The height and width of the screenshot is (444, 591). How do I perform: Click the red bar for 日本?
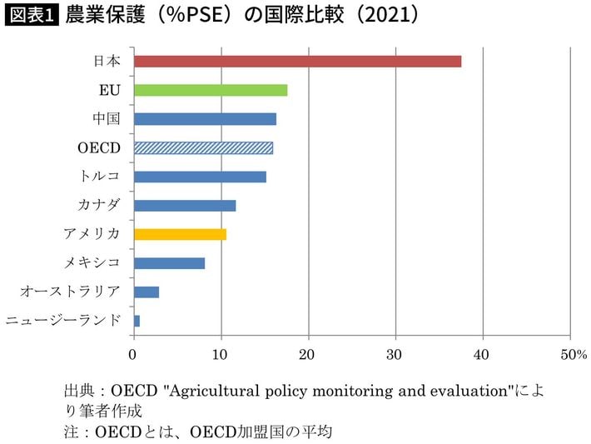click(297, 61)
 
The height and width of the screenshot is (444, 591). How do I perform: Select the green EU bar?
click(211, 90)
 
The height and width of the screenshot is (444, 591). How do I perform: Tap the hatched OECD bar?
click(203, 148)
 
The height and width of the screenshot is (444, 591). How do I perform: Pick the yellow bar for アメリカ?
click(180, 234)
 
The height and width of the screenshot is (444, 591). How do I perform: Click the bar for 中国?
click(205, 119)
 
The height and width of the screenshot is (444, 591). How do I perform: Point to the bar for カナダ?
click(185, 205)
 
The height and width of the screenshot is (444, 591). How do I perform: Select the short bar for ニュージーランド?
click(137, 321)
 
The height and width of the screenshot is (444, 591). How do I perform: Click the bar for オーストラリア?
click(147, 292)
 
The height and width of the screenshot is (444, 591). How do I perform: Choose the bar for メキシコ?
click(169, 263)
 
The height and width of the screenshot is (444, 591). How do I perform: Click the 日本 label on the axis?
click(107, 61)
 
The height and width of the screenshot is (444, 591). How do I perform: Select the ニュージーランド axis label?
click(63, 321)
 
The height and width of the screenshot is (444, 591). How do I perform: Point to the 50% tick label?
click(574, 354)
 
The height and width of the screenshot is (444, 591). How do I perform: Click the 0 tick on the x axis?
click(134, 354)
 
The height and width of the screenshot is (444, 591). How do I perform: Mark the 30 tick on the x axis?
click(395, 354)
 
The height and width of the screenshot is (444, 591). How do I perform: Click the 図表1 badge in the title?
click(32, 16)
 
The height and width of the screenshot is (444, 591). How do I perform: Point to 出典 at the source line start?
click(77, 390)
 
